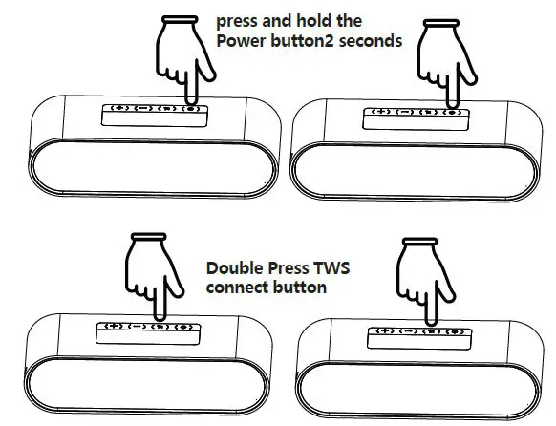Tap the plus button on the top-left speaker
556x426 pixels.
tap(119, 109)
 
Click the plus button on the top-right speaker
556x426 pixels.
tap(381, 112)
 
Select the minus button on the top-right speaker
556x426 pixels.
tap(405, 112)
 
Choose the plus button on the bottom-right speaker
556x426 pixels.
tap(383, 330)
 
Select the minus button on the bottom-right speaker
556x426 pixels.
tap(407, 330)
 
